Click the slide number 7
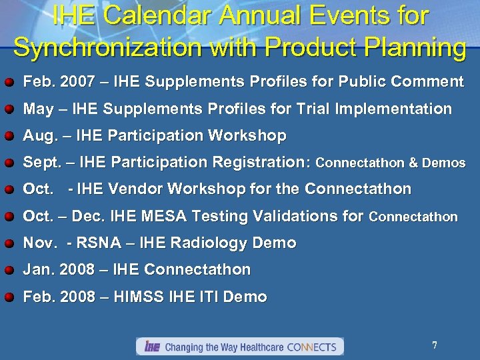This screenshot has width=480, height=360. pos(434,345)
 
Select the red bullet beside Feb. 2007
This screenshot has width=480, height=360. pos(10,83)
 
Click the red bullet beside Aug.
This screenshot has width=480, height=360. pos(10,137)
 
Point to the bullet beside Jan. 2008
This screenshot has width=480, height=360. pos(10,271)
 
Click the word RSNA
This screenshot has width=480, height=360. pos(95,243)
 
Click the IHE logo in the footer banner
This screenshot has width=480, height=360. pos(152,347)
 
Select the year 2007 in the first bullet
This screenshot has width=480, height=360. pos(70,82)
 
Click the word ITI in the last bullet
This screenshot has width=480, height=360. pos(215,297)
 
